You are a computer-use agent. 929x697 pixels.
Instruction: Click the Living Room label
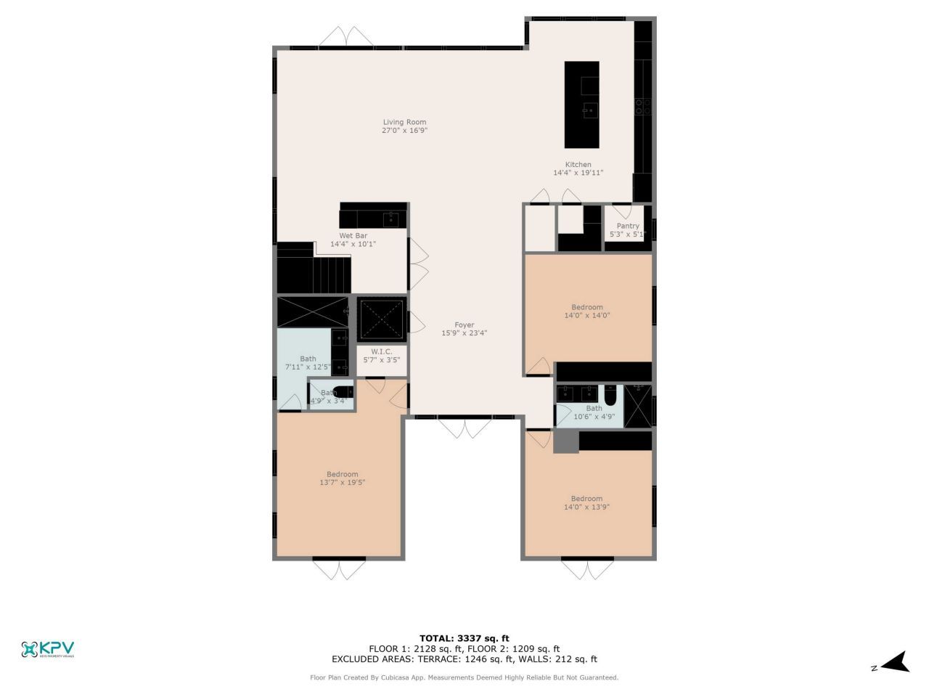405,123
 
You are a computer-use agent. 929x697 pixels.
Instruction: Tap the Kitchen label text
578,165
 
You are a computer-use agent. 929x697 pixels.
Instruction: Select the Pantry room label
628,227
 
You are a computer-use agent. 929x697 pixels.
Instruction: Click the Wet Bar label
353,236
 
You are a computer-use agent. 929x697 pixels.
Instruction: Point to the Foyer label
464,325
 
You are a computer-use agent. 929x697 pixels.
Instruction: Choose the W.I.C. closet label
381,351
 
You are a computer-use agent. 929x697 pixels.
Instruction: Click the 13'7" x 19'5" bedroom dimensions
342,483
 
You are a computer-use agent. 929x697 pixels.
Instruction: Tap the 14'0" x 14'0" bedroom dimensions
586,316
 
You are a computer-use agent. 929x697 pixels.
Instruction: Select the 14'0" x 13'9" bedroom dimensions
586,508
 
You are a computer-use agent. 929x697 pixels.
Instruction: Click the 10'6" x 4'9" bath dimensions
594,417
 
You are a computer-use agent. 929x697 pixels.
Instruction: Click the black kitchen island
582,105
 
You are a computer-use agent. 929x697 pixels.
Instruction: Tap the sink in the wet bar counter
392,218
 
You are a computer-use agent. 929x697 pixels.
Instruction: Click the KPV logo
48,649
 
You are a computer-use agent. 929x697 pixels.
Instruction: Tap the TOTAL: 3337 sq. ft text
464,639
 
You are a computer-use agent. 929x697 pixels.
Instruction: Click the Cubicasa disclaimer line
464,677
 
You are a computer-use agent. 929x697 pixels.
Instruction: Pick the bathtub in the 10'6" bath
610,395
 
